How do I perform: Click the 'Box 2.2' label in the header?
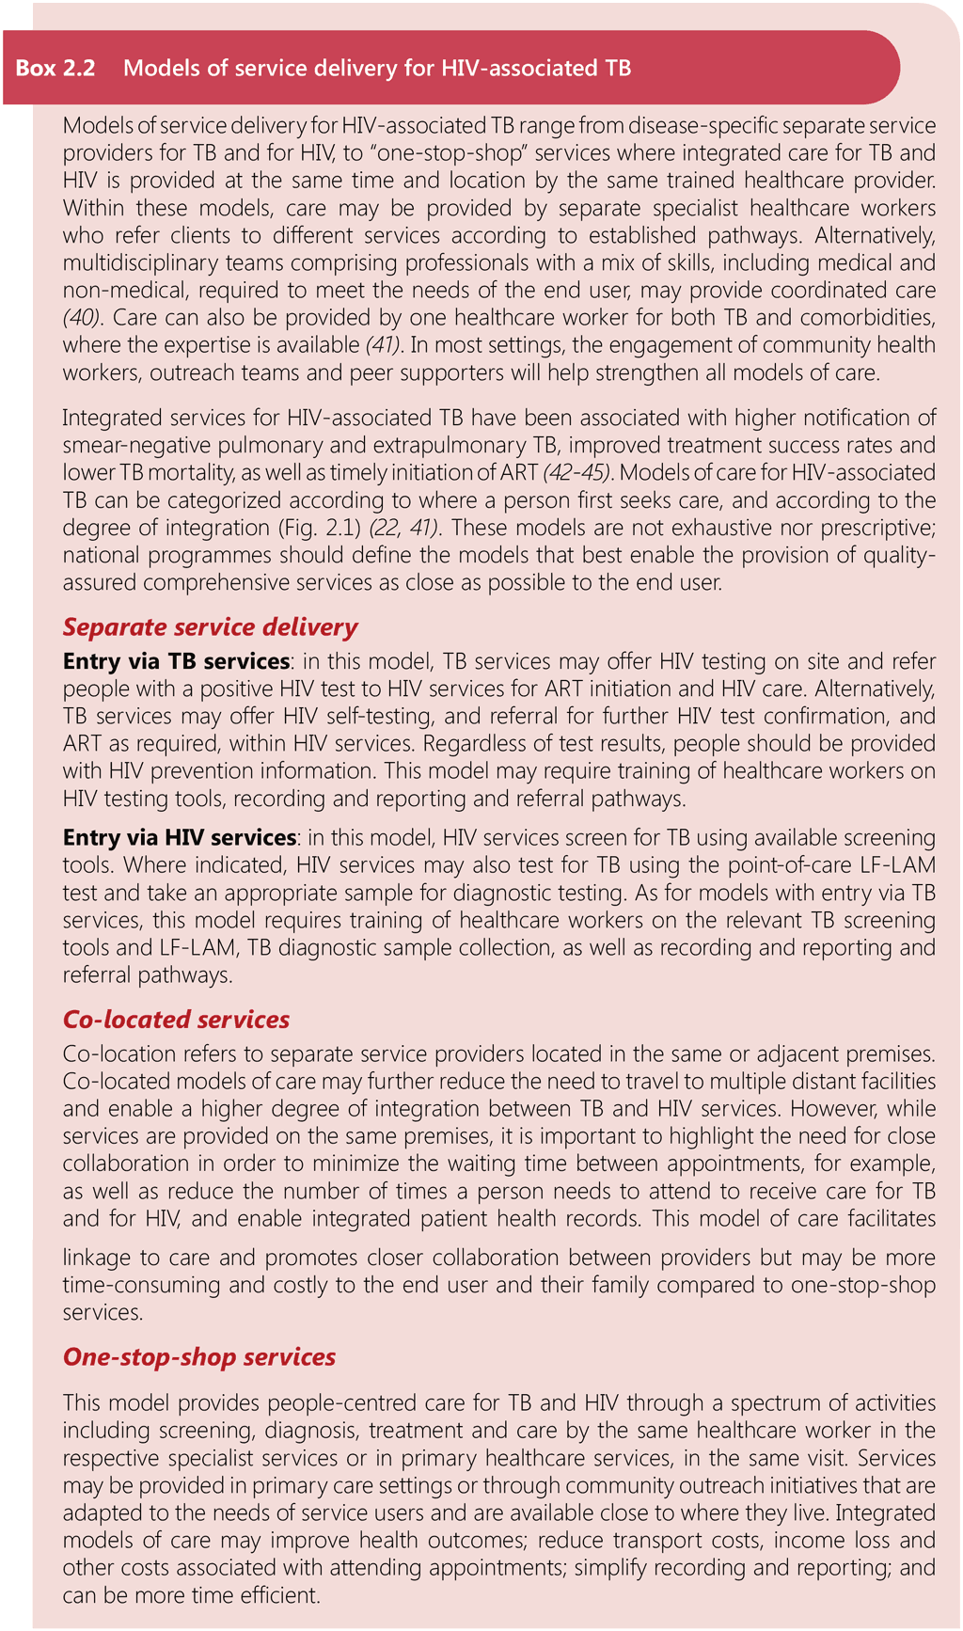click(x=55, y=68)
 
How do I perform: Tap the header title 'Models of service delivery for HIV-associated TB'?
click(x=377, y=68)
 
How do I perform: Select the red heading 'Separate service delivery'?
click(x=210, y=627)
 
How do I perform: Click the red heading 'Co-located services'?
click(x=176, y=1020)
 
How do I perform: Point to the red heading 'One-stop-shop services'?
click(x=199, y=1357)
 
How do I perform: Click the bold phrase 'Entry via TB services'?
click(x=176, y=661)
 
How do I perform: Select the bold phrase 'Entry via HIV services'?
click(x=180, y=837)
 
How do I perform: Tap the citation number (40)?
click(x=82, y=317)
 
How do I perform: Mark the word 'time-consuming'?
click(x=133, y=1285)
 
